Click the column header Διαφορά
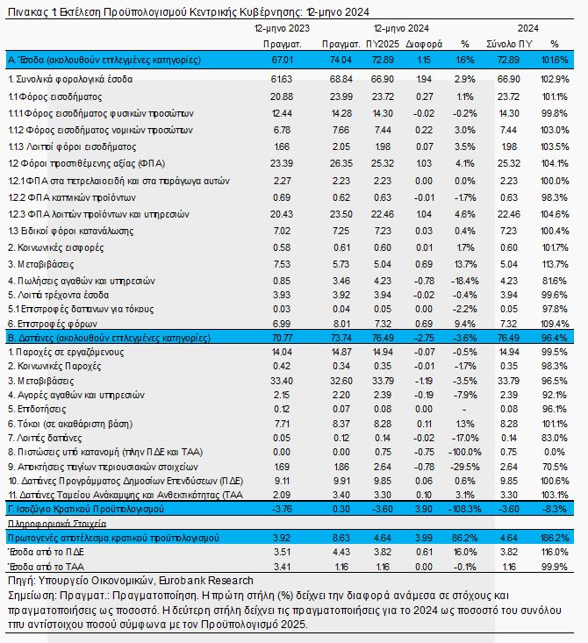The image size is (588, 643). pos(424,44)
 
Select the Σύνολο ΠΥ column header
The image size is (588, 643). pos(509,44)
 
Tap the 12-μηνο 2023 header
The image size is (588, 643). pos(282,28)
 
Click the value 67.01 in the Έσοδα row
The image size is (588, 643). pos(283,60)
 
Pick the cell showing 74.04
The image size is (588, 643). pos(341,60)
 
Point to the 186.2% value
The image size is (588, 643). pos(555,538)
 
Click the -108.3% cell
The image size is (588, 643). pos(465,509)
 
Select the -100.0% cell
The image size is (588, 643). pos(465,452)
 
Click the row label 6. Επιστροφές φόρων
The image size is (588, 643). pos(53,324)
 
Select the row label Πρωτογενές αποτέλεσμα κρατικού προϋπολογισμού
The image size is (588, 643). pos(113,538)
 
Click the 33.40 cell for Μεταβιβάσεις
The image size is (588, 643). pos(282,381)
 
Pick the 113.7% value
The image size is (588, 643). pos(556,265)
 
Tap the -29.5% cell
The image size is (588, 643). pos(465,467)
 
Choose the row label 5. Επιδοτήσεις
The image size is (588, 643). pos(37,410)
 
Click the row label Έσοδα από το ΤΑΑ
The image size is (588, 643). pos(46,567)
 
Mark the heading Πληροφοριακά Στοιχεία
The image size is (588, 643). pos(57,524)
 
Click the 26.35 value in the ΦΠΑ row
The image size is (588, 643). pos(341,164)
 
